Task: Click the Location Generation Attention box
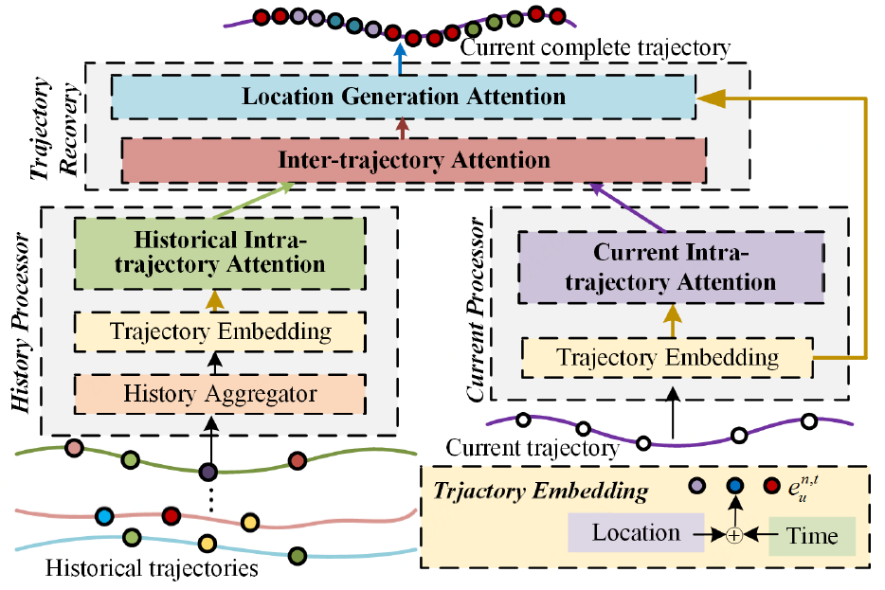[404, 97]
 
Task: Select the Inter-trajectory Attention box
[414, 159]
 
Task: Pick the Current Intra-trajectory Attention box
[670, 267]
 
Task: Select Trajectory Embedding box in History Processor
[219, 331]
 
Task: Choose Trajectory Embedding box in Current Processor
[667, 358]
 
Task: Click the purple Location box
[636, 533]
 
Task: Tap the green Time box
[812, 536]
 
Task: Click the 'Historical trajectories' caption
[152, 569]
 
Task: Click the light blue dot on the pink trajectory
[104, 517]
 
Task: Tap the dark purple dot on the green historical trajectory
[208, 472]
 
